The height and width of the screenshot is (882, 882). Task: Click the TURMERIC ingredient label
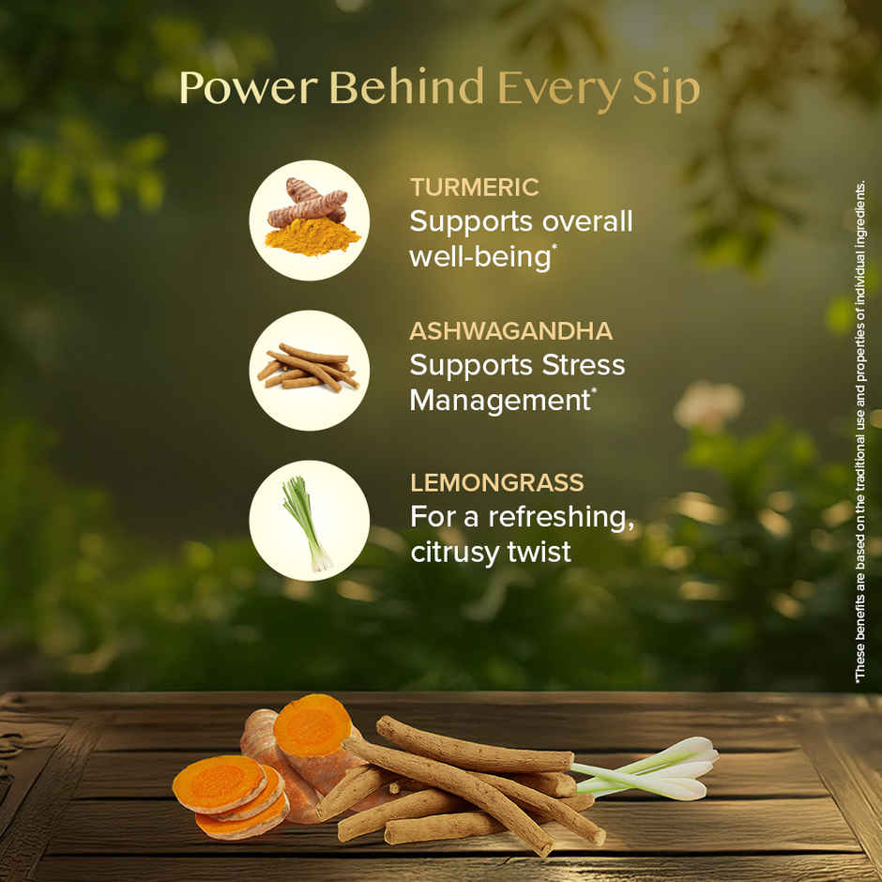point(474,187)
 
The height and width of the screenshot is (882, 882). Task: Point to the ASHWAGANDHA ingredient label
point(510,330)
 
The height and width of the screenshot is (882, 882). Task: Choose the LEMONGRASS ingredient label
point(496,483)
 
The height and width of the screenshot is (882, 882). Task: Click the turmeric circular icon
point(309,220)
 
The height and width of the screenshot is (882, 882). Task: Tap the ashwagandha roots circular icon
point(309,370)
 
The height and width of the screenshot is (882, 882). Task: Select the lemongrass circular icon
point(309,520)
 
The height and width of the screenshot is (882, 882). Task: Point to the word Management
point(498,401)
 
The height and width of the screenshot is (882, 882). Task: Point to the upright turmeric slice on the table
point(312,725)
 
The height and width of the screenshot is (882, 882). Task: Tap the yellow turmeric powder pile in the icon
point(312,237)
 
